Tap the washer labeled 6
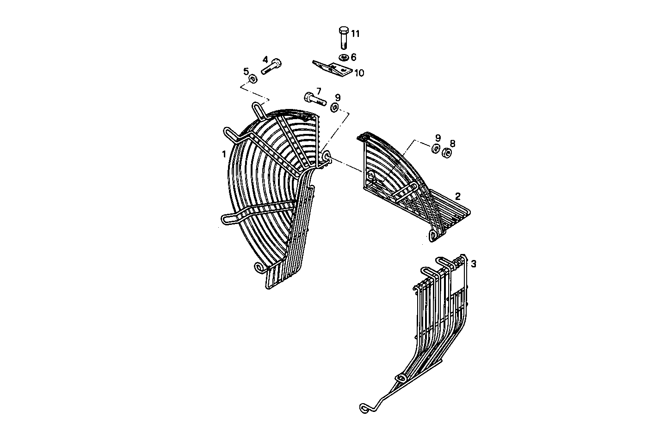(343, 58)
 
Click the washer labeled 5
(253, 79)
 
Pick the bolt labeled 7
(314, 98)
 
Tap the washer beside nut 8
(435, 149)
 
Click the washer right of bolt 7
(335, 108)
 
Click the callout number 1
(224, 153)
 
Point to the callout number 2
(458, 196)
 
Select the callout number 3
(474, 264)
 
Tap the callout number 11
(355, 33)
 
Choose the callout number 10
(359, 73)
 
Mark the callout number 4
(265, 59)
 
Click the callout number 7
(319, 91)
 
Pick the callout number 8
(452, 143)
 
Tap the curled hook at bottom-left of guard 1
(260, 267)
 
